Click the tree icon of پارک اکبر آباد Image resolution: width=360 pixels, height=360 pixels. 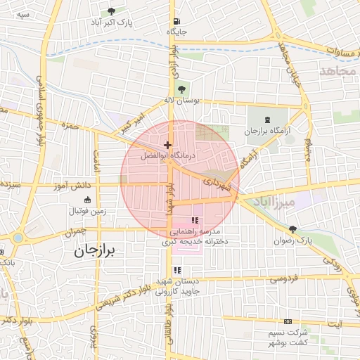coord(111,12)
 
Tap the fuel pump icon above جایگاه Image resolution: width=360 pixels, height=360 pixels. coord(175,21)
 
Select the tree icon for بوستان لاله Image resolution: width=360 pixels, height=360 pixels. coord(183,89)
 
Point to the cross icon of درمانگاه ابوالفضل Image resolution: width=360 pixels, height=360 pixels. coord(167,144)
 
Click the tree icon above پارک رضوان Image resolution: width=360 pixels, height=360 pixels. coord(293,229)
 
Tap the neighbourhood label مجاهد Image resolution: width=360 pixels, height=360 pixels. coord(338,71)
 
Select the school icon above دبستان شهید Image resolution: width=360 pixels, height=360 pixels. coord(178,270)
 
